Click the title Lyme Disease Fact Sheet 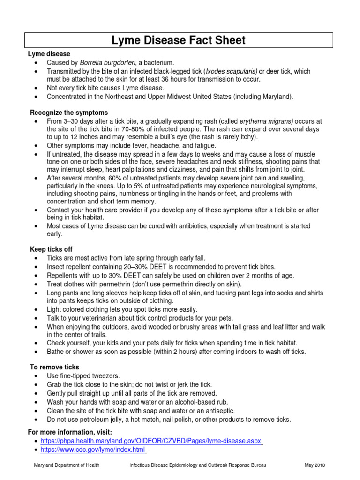tap(178, 40)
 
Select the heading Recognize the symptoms tap(69, 112)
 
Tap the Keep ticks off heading tap(51, 249)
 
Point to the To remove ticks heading tap(54, 367)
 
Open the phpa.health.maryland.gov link tap(151, 441)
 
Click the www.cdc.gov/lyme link tap(93, 450)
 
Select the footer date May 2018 tap(315, 465)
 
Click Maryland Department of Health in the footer tap(67, 465)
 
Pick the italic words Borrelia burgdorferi tap(108, 62)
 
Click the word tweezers tap(106, 376)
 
